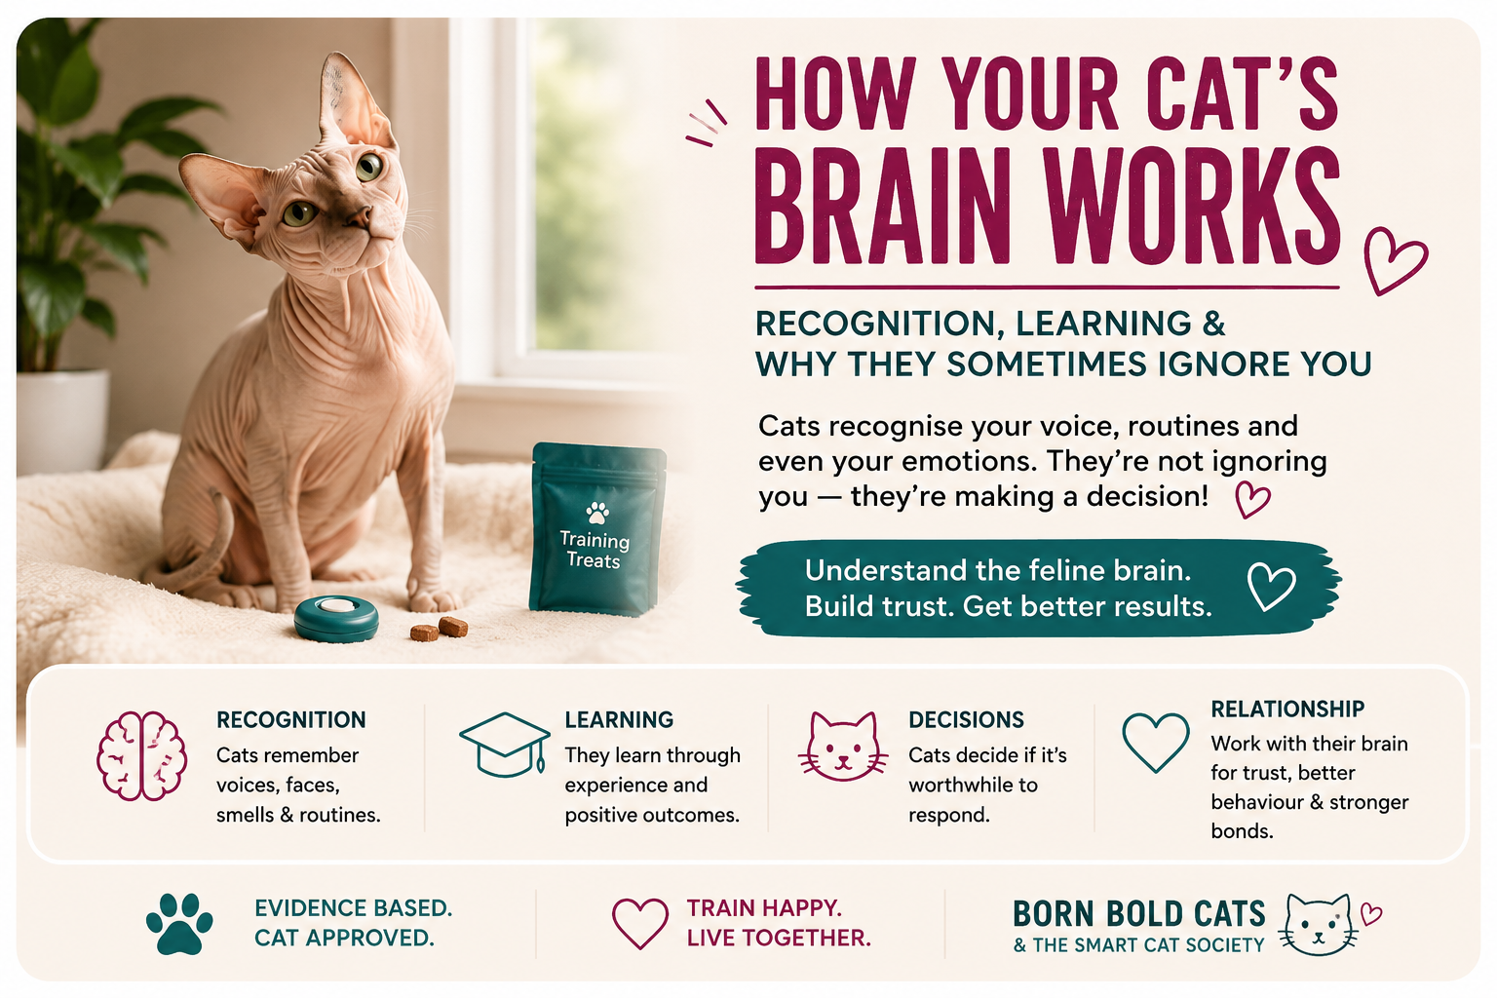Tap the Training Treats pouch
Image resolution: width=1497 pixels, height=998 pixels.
(x=596, y=528)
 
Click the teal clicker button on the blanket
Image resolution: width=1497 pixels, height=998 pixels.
(x=336, y=618)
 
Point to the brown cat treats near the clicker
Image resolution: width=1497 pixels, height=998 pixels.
(x=439, y=630)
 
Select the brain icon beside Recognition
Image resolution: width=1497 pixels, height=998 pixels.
(x=141, y=755)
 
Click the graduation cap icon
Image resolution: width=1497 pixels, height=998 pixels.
(x=505, y=745)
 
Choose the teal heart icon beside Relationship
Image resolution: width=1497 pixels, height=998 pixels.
(x=1156, y=742)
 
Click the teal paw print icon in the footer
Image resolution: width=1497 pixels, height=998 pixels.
(x=179, y=923)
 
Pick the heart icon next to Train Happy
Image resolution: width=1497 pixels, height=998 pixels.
(x=640, y=923)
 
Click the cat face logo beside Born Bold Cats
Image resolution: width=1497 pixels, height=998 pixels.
(x=1318, y=925)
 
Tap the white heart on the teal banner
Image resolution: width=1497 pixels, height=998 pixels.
(x=1271, y=587)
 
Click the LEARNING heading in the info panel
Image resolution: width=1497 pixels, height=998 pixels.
(x=619, y=719)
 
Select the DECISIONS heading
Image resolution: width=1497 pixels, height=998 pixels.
(x=966, y=719)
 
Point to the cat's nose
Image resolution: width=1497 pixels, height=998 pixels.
(x=362, y=216)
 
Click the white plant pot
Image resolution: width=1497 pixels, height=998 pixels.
(x=62, y=420)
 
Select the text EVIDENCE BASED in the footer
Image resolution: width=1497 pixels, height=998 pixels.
(x=353, y=907)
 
